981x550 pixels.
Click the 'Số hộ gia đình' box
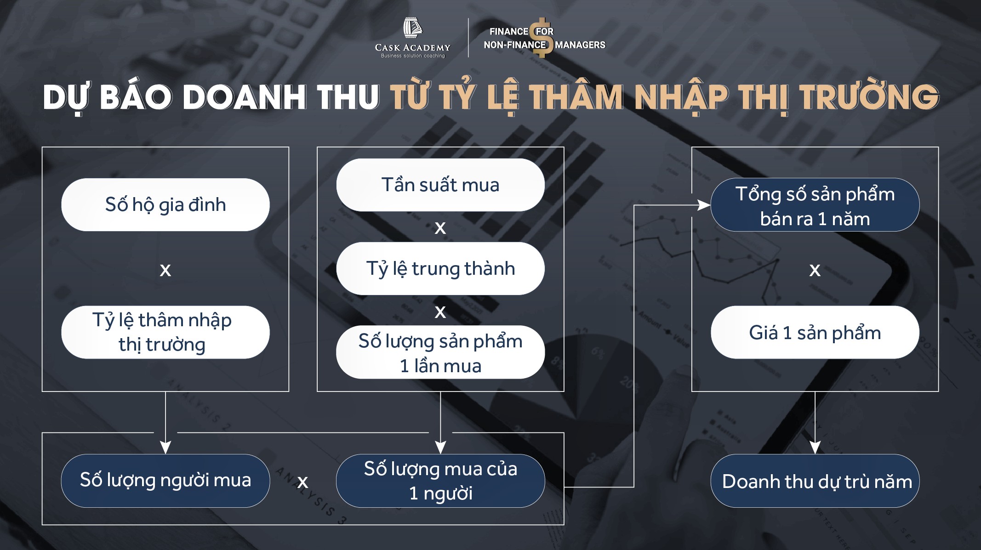click(x=165, y=204)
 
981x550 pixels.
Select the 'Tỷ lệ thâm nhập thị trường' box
click(x=165, y=332)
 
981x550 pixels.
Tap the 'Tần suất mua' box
click(x=440, y=185)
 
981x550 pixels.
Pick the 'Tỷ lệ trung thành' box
click(x=440, y=268)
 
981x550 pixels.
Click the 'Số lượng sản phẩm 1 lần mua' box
click(x=440, y=352)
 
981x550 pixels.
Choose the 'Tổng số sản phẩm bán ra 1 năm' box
click(x=815, y=205)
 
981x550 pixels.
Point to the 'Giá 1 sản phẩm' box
click(x=815, y=332)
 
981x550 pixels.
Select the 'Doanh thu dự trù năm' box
click(x=815, y=481)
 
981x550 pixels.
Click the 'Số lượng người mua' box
click(x=165, y=481)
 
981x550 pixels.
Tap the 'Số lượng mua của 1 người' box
click(x=440, y=481)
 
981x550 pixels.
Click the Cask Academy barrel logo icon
click(x=412, y=28)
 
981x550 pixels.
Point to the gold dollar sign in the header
click(x=542, y=38)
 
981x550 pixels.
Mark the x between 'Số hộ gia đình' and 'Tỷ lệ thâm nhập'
click(x=165, y=270)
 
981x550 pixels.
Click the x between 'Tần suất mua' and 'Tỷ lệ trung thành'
click(x=440, y=228)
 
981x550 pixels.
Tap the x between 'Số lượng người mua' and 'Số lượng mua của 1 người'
click(x=302, y=482)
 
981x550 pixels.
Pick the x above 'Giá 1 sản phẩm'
click(x=815, y=270)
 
